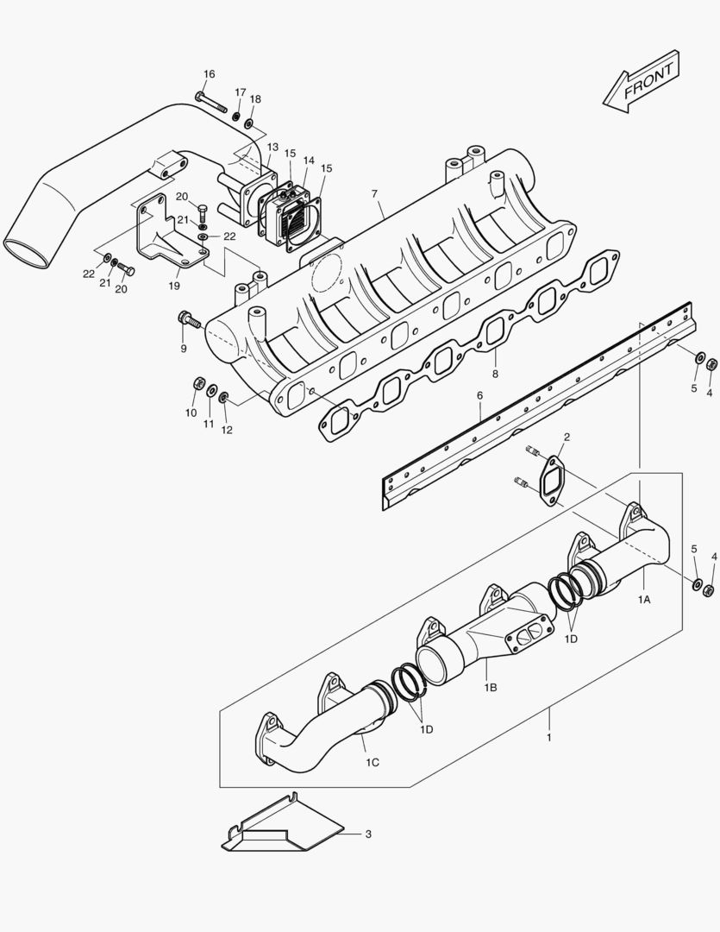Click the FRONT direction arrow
(642, 82)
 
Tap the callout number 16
(210, 74)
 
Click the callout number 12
(227, 430)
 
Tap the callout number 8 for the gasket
(495, 375)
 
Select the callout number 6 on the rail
(480, 397)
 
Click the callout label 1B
(491, 687)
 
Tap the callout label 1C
(373, 762)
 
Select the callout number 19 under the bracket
(174, 285)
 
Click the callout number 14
(309, 161)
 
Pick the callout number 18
(255, 99)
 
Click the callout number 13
(272, 148)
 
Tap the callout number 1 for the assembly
(548, 738)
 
